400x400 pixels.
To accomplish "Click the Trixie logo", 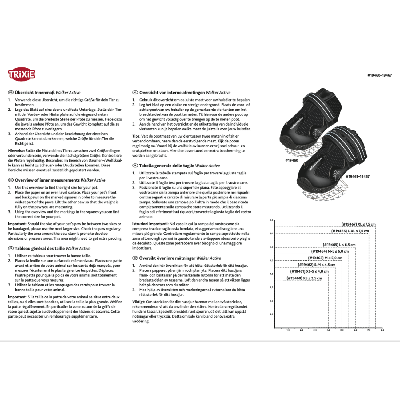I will (21, 74).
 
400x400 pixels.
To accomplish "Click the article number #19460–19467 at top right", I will (379, 75).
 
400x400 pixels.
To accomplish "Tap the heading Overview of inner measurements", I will (47, 180).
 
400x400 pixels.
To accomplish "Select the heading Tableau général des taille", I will (40, 249).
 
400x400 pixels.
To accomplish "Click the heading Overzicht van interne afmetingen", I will (172, 93).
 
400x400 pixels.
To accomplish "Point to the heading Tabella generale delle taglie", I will (166, 166).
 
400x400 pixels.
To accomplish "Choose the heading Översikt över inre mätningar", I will (167, 258).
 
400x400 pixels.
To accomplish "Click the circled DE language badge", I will (11, 93).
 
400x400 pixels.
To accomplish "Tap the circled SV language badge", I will (135, 258).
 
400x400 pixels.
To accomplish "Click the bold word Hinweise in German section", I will (16, 151).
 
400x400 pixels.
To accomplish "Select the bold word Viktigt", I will (138, 302).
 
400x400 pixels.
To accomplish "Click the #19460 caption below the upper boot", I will (291, 161).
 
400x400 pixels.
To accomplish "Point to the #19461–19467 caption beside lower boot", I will (358, 177).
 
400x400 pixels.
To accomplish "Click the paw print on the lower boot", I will (337, 174).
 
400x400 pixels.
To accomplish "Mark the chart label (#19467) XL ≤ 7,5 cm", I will (358, 224).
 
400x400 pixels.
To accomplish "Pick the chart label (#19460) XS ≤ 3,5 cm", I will (304, 278).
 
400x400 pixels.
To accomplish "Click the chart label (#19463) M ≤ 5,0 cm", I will (325, 258).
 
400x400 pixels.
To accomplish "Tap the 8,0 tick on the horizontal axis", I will (382, 330).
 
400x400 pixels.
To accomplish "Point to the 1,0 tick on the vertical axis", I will (271, 314).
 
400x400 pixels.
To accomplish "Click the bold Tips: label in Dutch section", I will (136, 136).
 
